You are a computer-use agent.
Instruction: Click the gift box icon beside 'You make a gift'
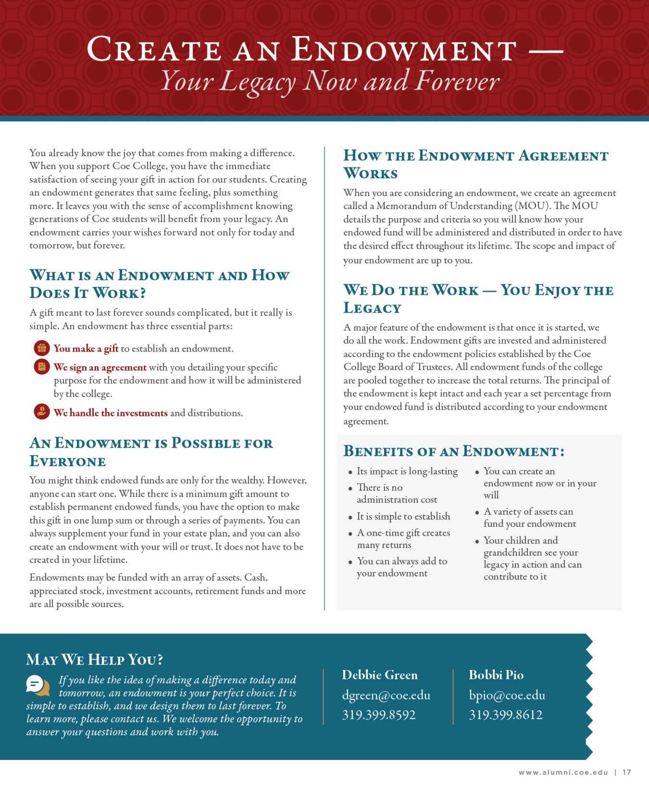tap(42, 348)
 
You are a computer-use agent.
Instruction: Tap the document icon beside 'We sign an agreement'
tap(42, 367)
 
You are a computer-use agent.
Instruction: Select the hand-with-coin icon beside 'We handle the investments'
tap(42, 412)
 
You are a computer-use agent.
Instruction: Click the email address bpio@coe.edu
tap(507, 695)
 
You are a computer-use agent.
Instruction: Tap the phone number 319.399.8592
tap(379, 715)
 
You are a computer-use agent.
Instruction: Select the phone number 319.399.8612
tap(506, 715)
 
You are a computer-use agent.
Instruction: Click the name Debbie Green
tap(380, 675)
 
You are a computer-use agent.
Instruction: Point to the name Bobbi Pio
tap(496, 675)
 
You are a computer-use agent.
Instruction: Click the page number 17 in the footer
tap(626, 772)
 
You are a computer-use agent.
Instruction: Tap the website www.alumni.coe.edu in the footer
tap(564, 772)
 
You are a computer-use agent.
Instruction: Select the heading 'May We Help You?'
tap(95, 659)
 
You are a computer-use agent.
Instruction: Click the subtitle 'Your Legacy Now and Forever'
tap(329, 81)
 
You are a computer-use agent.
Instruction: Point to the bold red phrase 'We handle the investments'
tap(111, 413)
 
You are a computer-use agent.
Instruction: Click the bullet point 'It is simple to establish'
tap(403, 516)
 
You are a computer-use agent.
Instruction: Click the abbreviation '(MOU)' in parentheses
tap(527, 206)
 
